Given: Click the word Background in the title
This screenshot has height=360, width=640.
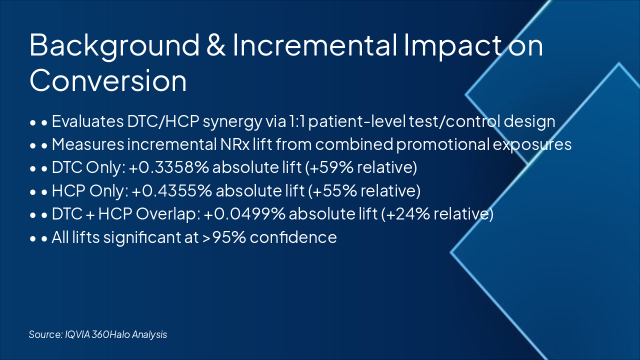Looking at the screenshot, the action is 114,45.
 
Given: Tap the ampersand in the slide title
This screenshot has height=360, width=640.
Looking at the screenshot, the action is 215,44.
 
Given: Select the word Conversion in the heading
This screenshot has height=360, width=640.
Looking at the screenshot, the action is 108,80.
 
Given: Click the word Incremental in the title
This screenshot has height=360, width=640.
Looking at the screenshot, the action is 315,44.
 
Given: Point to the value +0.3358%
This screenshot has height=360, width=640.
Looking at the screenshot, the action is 169,167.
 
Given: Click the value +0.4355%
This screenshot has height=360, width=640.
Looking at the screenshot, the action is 172,190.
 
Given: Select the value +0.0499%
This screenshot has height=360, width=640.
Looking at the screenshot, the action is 244,213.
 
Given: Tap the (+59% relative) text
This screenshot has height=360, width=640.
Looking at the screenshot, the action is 361,167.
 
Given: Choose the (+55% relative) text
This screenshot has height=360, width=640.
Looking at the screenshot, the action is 364,191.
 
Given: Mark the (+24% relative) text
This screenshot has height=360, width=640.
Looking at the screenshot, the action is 437,214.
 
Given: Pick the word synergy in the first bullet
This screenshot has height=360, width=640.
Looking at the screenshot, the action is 232,121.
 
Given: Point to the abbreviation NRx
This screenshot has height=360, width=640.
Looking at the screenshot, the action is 235,144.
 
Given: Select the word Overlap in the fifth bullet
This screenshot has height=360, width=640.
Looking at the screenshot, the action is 168,214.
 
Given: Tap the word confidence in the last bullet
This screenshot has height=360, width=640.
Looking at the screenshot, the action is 293,237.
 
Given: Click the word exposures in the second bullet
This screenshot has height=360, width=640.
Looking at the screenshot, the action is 532,145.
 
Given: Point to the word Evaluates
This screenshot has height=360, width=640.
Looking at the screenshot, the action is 87,121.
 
